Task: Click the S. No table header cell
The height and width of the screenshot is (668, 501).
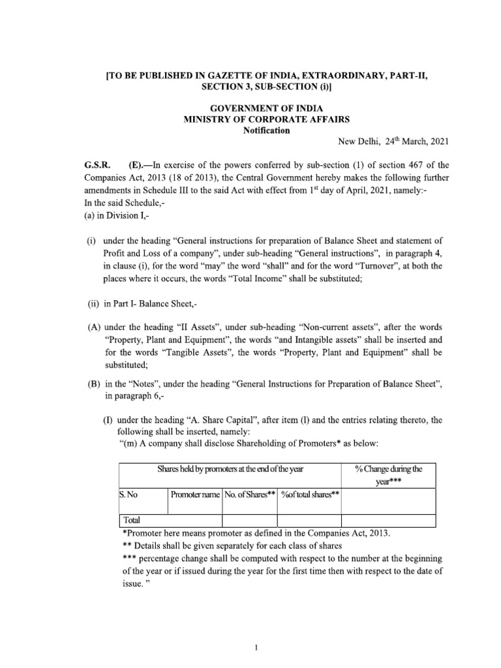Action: click(128, 494)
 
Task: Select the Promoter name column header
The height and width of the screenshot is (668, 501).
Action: click(194, 494)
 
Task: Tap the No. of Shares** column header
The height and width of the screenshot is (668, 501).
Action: click(250, 494)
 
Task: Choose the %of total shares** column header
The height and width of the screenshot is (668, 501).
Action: click(311, 494)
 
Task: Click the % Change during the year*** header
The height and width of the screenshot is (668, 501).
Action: click(389, 475)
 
